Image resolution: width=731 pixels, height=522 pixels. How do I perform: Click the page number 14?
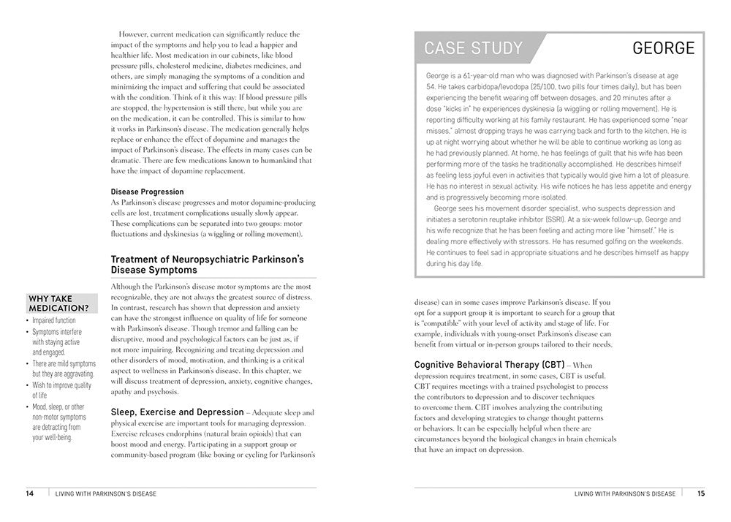(30, 493)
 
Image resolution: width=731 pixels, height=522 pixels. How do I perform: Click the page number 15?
(700, 493)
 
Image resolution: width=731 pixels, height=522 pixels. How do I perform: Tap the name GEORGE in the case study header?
(663, 49)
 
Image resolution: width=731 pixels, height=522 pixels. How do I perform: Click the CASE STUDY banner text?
(474, 49)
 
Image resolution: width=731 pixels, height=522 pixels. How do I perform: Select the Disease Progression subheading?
(147, 192)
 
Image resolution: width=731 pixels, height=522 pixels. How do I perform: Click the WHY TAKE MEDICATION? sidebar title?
(61, 303)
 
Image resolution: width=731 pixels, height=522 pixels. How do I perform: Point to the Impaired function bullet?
(54, 320)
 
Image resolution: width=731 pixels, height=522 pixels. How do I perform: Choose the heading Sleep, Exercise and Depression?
(177, 412)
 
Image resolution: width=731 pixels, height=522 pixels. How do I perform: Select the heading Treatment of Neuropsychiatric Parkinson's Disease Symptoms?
(207, 264)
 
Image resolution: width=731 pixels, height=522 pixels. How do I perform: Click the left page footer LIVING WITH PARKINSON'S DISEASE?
(106, 493)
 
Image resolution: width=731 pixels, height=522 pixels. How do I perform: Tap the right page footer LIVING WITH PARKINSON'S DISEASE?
(625, 493)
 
